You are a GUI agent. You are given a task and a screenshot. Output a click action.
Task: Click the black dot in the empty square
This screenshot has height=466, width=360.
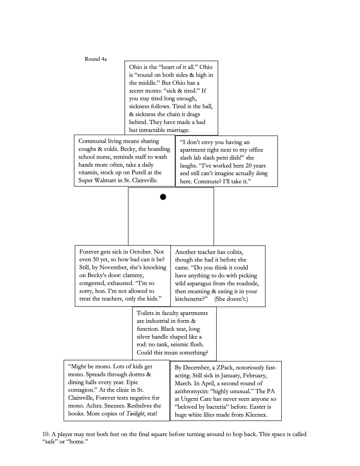163,197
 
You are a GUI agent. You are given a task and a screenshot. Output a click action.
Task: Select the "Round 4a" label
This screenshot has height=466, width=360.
96,59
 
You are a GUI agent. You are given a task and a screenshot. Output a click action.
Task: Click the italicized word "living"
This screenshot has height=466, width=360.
261,173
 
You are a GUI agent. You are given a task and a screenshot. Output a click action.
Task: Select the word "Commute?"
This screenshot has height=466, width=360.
206,181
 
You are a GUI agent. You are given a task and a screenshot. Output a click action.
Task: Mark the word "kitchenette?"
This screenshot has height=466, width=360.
191,299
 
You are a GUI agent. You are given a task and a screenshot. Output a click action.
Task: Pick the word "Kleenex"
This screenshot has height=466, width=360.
255,415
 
